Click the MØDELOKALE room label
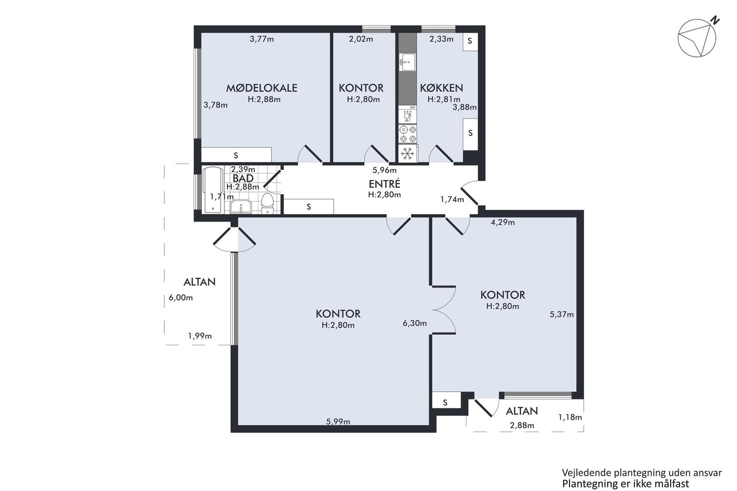click(262, 88)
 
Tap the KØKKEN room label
click(442, 88)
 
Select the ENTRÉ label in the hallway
click(384, 184)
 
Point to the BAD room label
click(243, 178)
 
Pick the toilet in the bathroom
click(267, 203)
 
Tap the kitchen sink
click(407, 62)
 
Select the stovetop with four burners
click(407, 134)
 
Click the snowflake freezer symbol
click(407, 154)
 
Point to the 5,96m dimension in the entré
click(384, 171)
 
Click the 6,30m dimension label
click(415, 323)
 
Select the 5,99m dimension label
click(338, 422)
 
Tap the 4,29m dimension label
click(503, 223)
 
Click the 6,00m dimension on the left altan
click(181, 298)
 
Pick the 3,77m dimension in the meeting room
click(262, 39)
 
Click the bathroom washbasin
click(241, 207)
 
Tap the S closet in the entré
click(308, 206)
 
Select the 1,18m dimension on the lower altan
click(570, 417)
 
